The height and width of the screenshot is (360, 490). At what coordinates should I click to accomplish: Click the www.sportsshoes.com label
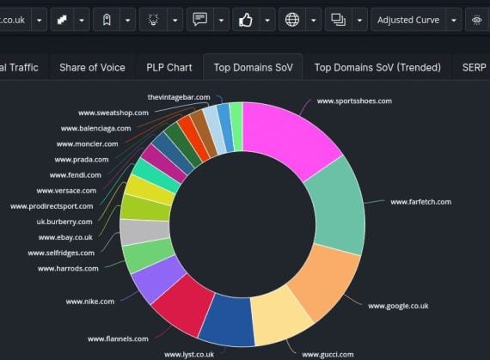354,101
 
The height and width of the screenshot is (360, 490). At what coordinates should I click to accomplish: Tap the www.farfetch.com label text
420,202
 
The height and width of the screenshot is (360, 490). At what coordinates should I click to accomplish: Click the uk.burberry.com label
64,222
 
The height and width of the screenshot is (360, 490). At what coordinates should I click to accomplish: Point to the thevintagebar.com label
178,97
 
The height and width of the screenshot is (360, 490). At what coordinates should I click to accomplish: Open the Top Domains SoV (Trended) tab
377,67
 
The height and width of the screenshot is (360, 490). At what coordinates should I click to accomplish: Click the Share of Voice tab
92,67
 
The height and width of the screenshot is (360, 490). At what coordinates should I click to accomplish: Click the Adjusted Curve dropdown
417,19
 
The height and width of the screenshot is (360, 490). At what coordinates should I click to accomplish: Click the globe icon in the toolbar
292,19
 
